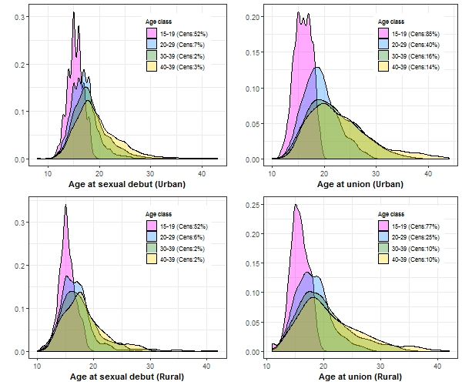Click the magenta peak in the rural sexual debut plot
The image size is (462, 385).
(x=65, y=206)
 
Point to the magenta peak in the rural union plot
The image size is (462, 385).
(x=296, y=205)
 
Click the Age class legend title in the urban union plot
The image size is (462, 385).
(x=391, y=22)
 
